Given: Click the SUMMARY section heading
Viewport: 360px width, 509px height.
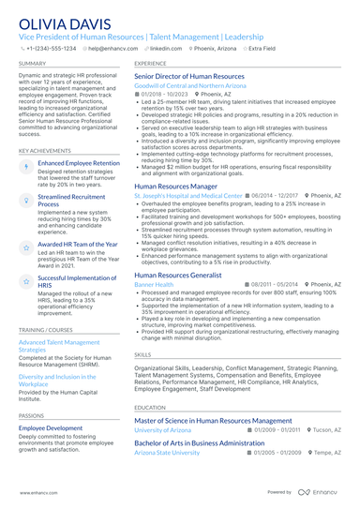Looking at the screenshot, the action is (x=32, y=64).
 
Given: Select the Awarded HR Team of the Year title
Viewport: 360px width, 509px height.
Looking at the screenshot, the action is (x=77, y=244).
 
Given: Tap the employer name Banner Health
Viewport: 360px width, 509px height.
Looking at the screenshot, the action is (x=154, y=284).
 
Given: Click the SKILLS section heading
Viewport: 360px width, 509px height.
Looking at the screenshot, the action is (x=142, y=355).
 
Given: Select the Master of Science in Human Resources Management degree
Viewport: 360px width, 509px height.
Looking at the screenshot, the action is (x=213, y=421).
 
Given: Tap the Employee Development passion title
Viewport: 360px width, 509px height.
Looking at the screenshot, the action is (x=52, y=427).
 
